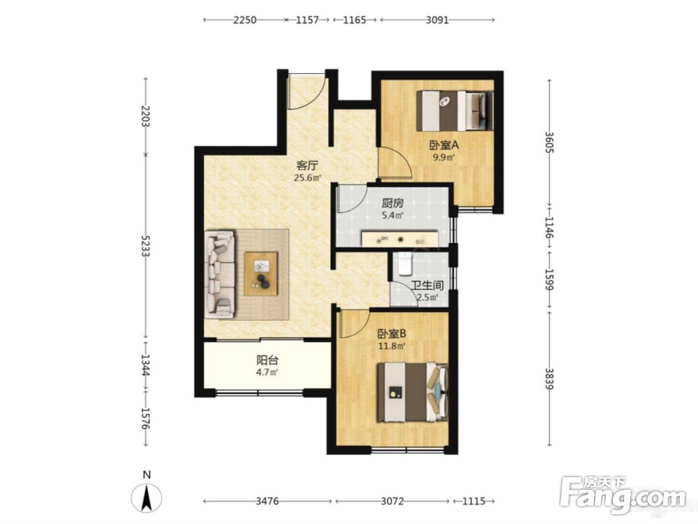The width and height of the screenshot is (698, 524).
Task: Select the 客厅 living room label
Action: [307, 166]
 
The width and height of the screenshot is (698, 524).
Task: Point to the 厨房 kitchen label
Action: [392, 203]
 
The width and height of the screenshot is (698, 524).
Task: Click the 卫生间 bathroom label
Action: [427, 285]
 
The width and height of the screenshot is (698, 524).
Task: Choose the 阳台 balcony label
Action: [267, 360]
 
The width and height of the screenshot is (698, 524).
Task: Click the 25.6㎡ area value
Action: [307, 178]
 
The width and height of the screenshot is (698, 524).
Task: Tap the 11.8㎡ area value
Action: [392, 347]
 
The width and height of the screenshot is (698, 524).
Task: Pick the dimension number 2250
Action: [245, 20]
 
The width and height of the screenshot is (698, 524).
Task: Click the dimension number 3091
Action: [437, 20]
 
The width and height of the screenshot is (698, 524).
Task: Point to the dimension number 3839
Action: [550, 379]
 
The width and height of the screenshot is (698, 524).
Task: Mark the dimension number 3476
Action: [267, 501]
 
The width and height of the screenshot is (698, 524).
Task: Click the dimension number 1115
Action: [473, 501]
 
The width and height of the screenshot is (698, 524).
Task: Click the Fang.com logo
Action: [623, 494]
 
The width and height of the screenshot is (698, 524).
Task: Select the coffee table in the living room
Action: [261, 273]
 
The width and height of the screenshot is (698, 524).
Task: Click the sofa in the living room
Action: [219, 274]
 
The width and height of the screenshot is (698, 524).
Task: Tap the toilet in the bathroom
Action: [406, 263]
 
